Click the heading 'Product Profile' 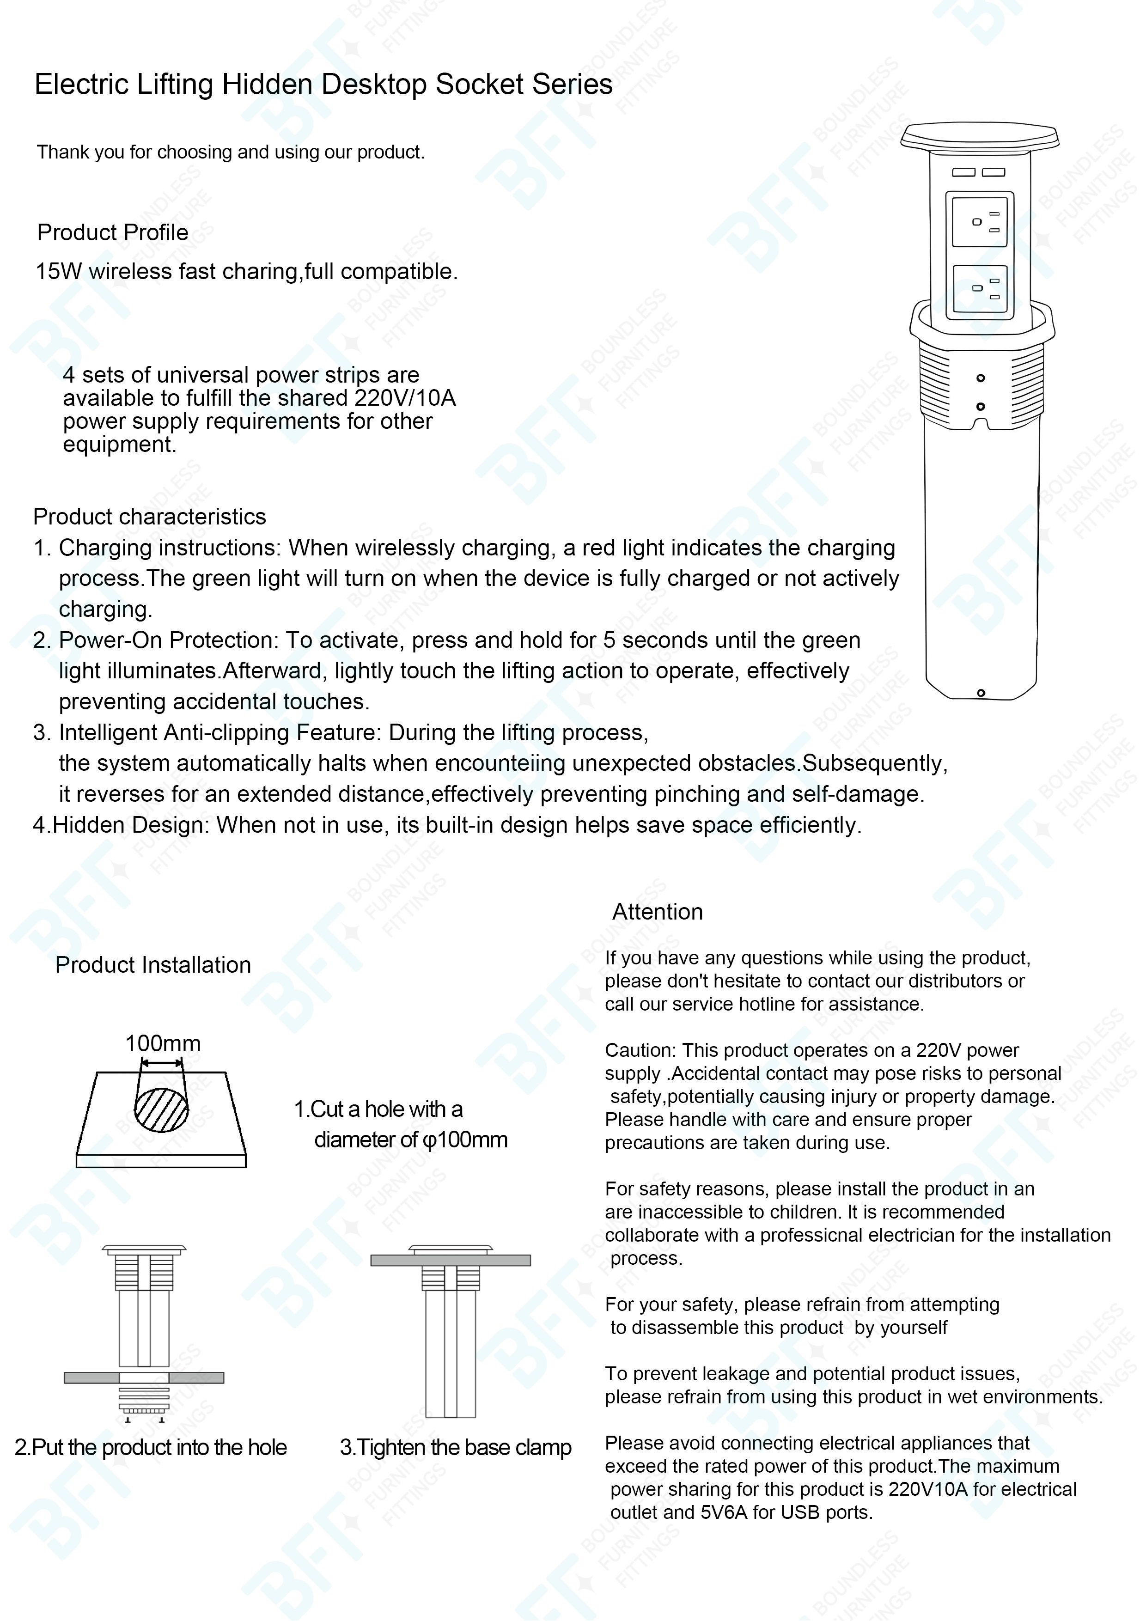tap(112, 232)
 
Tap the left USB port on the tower tap(963, 172)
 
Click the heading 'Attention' tap(658, 911)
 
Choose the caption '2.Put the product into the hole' tap(150, 1447)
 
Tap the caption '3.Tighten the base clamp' tap(456, 1447)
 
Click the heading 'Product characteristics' tap(150, 517)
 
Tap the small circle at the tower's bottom tap(980, 693)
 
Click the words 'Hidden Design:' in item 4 tap(131, 825)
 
